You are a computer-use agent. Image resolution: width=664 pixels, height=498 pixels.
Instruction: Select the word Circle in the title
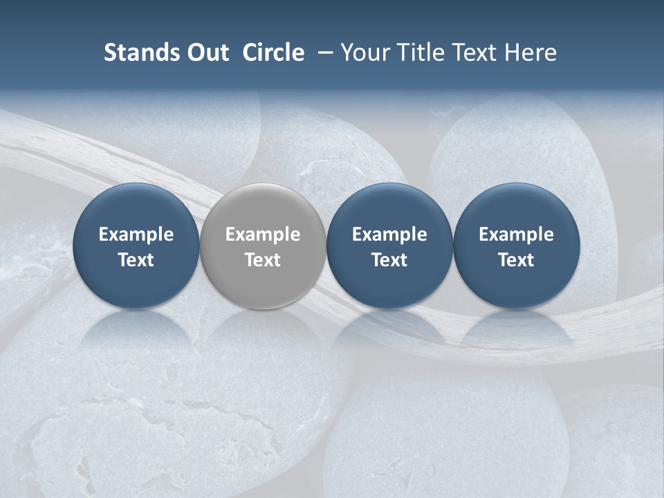click(x=273, y=53)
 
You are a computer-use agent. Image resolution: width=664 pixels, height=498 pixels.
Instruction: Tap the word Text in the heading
click(x=473, y=53)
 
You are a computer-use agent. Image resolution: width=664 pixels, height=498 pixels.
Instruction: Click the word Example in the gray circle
click(x=263, y=234)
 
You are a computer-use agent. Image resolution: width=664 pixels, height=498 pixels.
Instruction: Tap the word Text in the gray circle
click(x=263, y=260)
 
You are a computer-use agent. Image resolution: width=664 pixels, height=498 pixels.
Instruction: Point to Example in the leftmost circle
click(x=136, y=234)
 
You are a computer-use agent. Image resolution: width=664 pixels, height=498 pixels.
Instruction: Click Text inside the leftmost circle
click(x=136, y=260)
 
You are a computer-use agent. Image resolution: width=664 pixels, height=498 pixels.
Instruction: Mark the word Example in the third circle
click(x=389, y=234)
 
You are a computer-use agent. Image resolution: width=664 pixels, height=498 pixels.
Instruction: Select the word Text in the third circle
click(x=389, y=260)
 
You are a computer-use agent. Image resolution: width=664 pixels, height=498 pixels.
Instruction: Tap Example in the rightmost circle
click(x=516, y=234)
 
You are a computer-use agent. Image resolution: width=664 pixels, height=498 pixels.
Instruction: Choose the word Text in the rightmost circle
click(x=516, y=260)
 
